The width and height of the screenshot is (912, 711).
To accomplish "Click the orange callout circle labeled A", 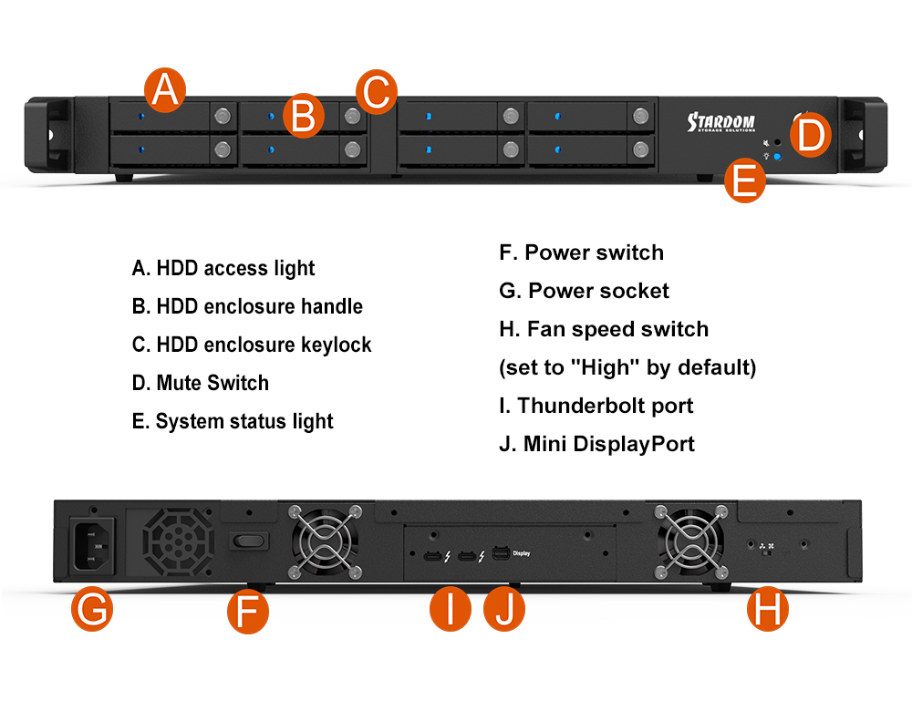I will (x=165, y=90).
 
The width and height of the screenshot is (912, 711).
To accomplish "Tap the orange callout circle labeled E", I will (x=745, y=180).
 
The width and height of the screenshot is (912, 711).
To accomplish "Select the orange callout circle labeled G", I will (x=92, y=610).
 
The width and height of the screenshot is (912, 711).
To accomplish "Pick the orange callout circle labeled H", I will (x=768, y=610).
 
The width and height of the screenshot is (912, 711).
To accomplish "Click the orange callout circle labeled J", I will (x=504, y=610).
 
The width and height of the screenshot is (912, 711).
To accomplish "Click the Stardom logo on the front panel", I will (x=720, y=122).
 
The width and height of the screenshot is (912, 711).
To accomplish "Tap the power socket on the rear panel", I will (x=92, y=545).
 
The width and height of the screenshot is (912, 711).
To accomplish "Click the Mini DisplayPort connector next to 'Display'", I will (x=500, y=553).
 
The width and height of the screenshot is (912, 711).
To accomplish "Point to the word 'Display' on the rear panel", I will (x=522, y=552).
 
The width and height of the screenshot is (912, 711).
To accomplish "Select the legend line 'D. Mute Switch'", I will (x=200, y=383).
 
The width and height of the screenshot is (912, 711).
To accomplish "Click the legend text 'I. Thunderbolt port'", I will (x=596, y=406).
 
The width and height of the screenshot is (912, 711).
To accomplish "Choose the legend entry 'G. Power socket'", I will (x=584, y=291).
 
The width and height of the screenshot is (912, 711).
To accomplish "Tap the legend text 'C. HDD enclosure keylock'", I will (x=252, y=345).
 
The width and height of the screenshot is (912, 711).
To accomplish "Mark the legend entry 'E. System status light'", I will (x=233, y=421).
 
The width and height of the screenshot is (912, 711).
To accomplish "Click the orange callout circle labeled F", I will (x=248, y=610).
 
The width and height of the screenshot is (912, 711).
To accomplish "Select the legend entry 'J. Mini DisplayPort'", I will (x=596, y=444).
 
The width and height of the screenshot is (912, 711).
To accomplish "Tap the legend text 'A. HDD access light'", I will (x=223, y=268).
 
